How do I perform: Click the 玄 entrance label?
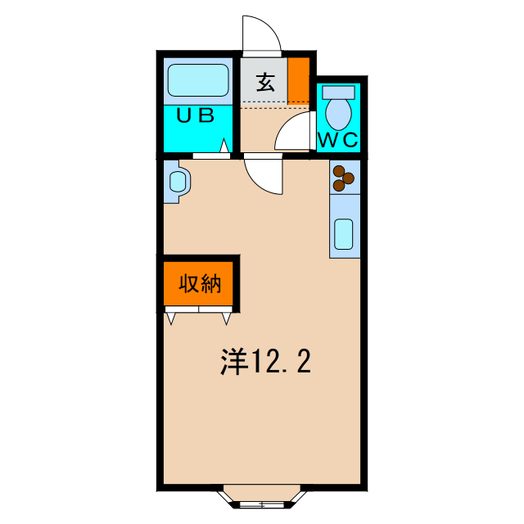pos(265,82)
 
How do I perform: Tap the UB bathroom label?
pos(196,115)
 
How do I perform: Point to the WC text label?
pos(338,140)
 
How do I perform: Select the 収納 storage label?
pos(201,285)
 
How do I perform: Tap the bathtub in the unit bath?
pos(198,81)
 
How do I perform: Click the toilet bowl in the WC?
pos(337,109)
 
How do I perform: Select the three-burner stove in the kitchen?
pos(345,177)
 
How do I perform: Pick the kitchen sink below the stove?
pos(345,234)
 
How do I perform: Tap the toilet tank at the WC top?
pos(338,90)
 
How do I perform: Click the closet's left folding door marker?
pos(172,317)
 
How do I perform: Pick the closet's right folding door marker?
pos(227,317)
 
